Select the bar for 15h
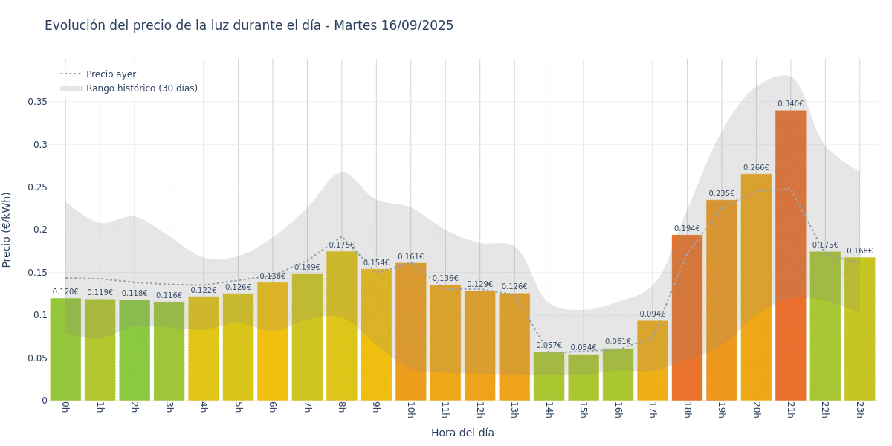(x=584, y=377)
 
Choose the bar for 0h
(x=65, y=349)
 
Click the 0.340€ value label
(x=790, y=104)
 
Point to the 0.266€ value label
(x=756, y=168)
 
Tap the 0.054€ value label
(x=584, y=348)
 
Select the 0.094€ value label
(x=652, y=314)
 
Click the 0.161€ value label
(x=410, y=257)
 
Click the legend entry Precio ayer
(x=111, y=74)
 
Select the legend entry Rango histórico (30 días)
(x=141, y=88)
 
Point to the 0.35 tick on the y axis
(x=37, y=102)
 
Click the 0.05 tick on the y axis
(x=37, y=358)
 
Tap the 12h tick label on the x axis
(x=479, y=410)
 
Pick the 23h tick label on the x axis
(x=859, y=410)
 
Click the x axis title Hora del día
(x=462, y=433)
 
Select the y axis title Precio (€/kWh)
(x=7, y=230)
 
